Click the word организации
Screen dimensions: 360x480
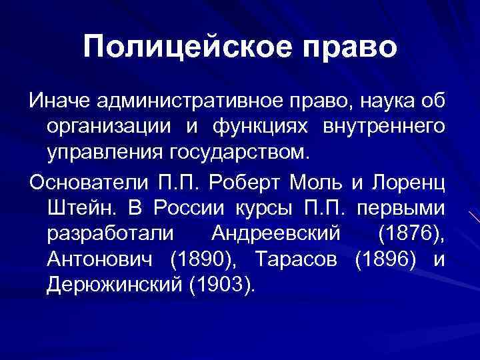coord(108,127)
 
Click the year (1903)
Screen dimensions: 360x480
coord(223,286)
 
